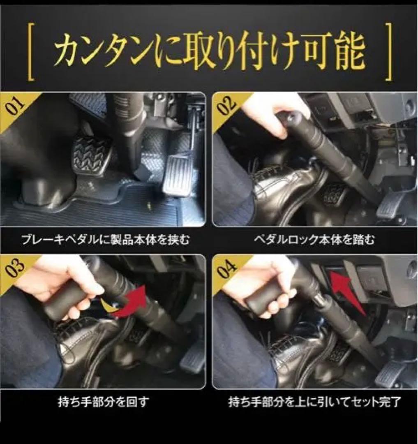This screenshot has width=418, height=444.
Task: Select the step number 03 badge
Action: [x=14, y=268]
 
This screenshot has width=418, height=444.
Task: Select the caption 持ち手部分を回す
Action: [x=103, y=402]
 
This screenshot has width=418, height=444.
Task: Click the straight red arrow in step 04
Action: [x=347, y=291]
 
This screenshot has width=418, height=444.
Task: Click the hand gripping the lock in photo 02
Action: [x=272, y=113]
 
